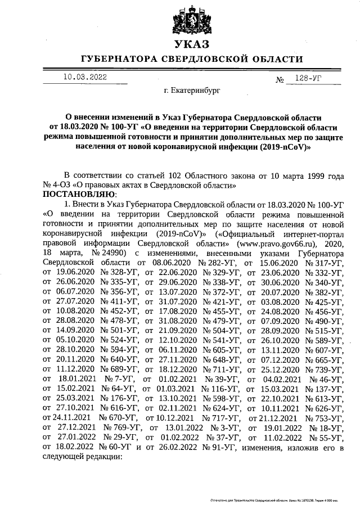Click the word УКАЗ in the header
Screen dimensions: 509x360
tap(192, 44)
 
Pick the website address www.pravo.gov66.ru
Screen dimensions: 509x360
tap(276, 244)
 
